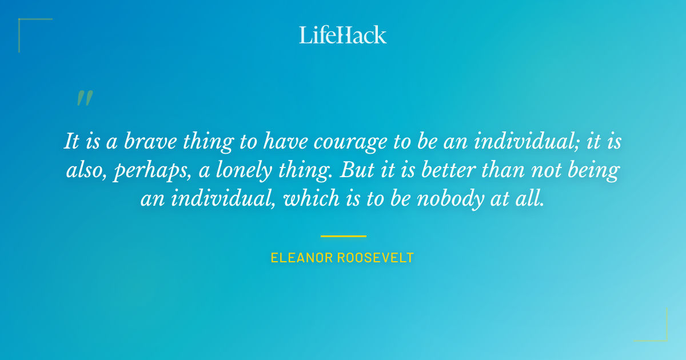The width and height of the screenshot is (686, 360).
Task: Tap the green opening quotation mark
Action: click(85, 98)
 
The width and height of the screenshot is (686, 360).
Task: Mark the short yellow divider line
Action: click(343, 236)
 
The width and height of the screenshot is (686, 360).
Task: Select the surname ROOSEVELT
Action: click(376, 258)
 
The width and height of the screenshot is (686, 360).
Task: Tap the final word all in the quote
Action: click(531, 199)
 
